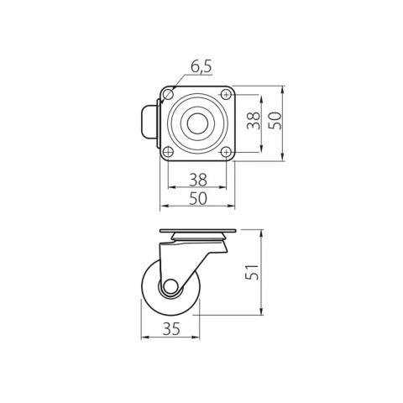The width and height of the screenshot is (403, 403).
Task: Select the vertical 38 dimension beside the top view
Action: pos(253,123)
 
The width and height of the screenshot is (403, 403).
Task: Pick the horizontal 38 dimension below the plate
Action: pos(197,179)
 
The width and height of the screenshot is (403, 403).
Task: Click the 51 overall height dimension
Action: pos(253,273)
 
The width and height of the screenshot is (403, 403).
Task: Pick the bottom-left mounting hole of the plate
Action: pos(168,152)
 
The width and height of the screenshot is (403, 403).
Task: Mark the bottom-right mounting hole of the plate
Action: pos(225,152)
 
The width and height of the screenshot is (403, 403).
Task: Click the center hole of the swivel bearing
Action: pos(196,123)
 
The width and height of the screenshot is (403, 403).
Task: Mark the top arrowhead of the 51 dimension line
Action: pos(262,232)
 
